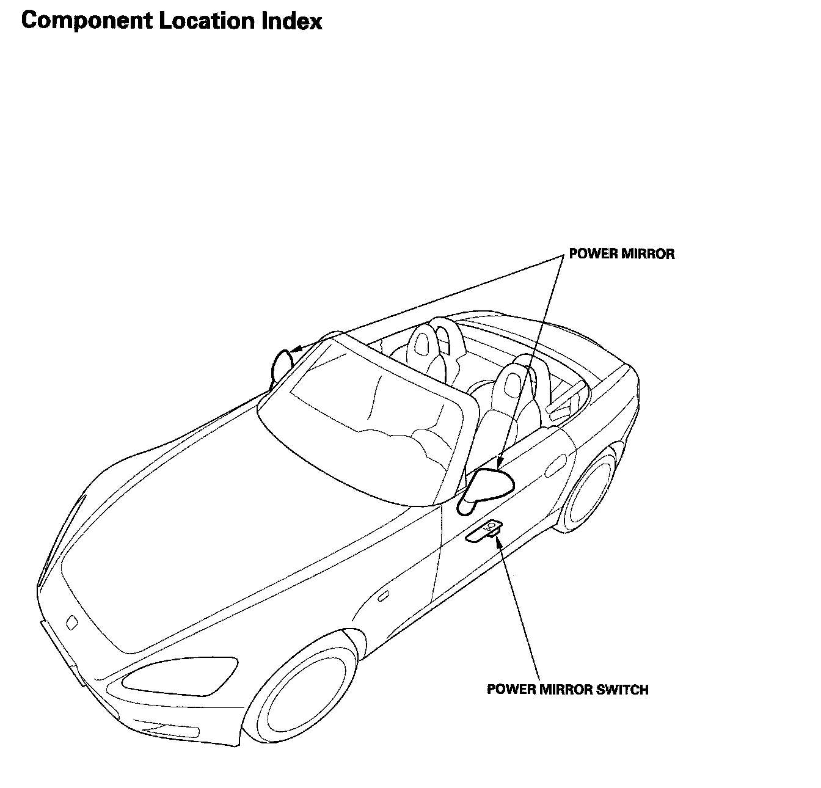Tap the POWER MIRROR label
(x=622, y=254)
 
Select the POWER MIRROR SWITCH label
(x=567, y=690)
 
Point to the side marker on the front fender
(x=384, y=596)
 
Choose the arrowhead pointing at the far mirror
(x=295, y=351)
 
